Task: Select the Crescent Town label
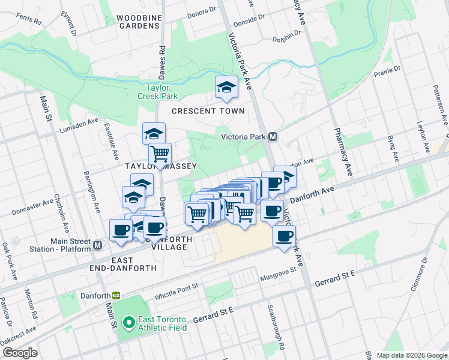pyautogui.click(x=208, y=111)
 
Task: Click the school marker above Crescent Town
pyautogui.click(x=226, y=87)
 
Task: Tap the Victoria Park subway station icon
pyautogui.click(x=273, y=137)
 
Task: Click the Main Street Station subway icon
pyautogui.click(x=97, y=245)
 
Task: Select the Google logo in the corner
pyautogui.click(x=19, y=352)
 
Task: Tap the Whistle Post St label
pyautogui.click(x=176, y=290)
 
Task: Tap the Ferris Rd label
pyautogui.click(x=29, y=20)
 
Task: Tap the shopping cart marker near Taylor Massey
pyautogui.click(x=160, y=155)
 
